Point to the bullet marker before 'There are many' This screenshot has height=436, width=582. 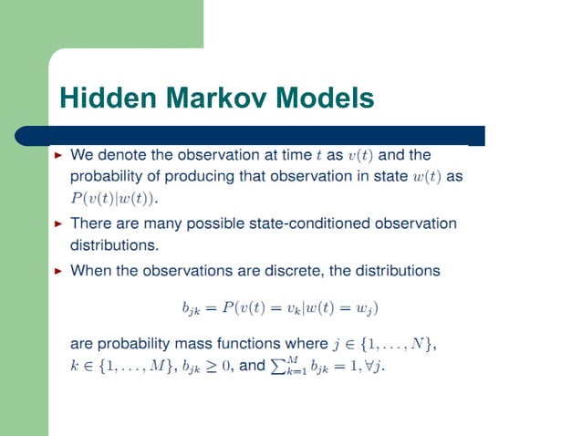pos(59,223)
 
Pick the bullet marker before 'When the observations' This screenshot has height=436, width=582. pos(59,271)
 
